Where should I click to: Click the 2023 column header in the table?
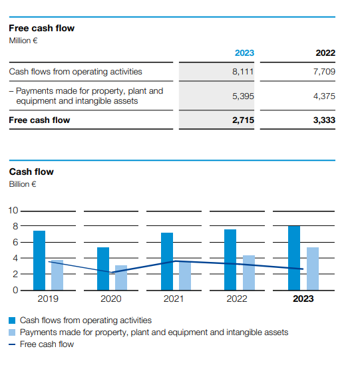point(244,53)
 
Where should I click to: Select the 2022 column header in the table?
point(325,53)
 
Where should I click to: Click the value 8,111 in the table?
point(243,72)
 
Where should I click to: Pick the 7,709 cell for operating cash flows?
point(324,72)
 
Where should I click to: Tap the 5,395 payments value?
point(243,96)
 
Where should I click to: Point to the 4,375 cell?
point(324,96)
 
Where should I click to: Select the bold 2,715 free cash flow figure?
point(243,120)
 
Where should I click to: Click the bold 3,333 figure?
point(324,120)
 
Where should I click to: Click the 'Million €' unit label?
point(23,41)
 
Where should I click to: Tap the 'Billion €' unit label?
point(23,184)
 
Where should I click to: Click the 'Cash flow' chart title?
point(31,172)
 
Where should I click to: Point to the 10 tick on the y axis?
point(13,210)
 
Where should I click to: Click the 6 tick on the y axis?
point(15,242)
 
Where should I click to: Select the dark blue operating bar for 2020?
point(103,269)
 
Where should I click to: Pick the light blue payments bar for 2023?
point(313,269)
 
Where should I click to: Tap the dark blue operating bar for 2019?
point(39,261)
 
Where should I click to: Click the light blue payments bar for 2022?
point(249,273)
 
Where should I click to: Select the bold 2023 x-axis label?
point(303,299)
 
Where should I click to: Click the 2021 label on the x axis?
point(173,299)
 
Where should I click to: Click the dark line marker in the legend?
point(12,344)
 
